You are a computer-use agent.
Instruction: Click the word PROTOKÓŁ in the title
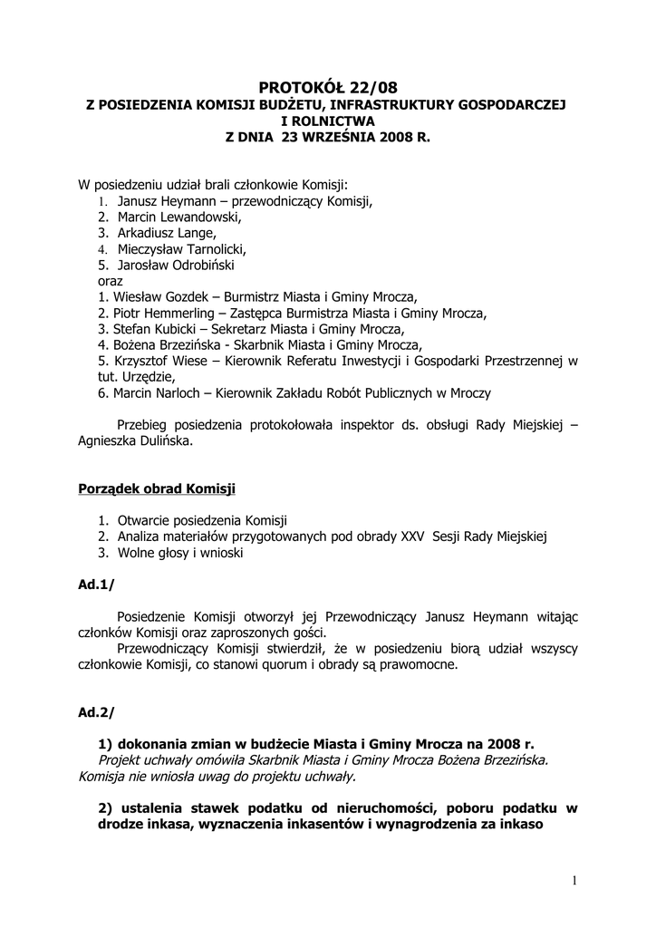pyautogui.click(x=298, y=88)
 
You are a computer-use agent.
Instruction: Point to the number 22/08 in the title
pyautogui.click(x=371, y=88)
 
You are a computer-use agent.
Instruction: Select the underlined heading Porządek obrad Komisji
pyautogui.click(x=157, y=489)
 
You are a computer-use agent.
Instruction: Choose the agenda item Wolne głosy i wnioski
pyautogui.click(x=179, y=553)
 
